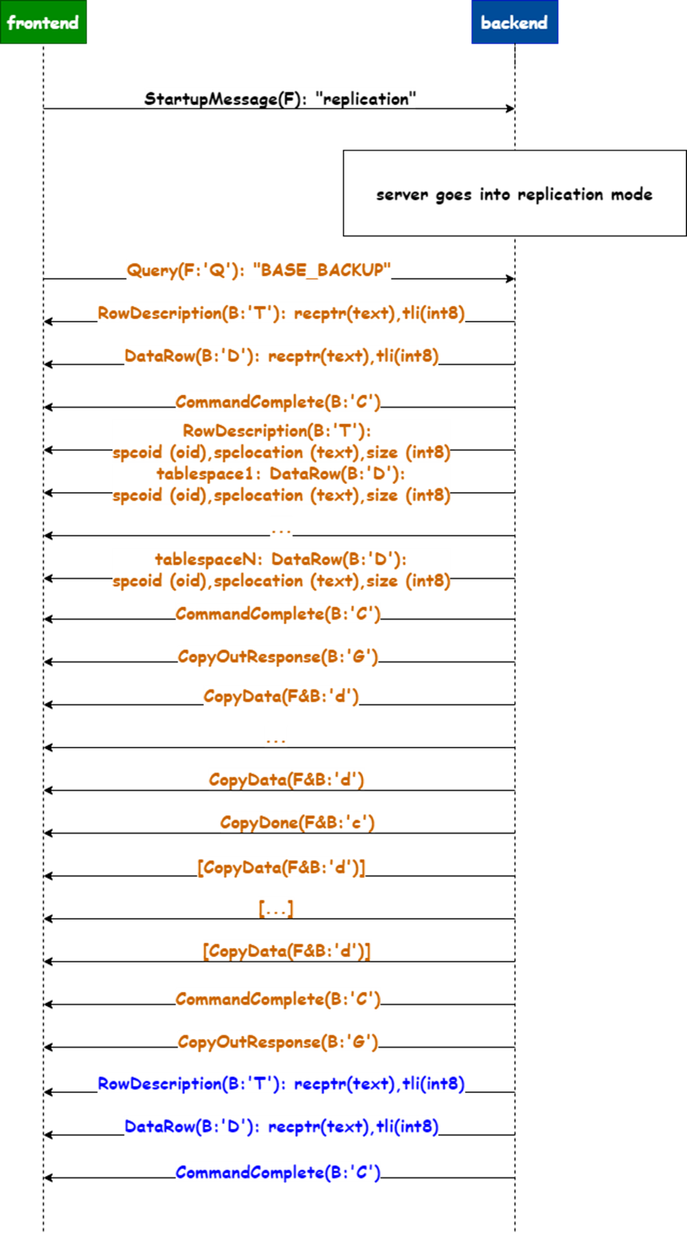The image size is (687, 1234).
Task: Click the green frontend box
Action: click(x=43, y=22)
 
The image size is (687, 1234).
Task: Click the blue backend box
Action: click(x=514, y=22)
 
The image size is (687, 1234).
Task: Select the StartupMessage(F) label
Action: click(x=224, y=100)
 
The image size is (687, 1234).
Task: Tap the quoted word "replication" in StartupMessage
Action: click(x=366, y=100)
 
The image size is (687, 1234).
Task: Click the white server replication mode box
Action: click(x=514, y=193)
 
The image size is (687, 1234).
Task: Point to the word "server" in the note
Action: click(x=402, y=194)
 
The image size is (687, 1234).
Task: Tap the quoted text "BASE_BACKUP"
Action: click(x=322, y=271)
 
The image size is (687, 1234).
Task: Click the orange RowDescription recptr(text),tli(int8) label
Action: click(x=281, y=314)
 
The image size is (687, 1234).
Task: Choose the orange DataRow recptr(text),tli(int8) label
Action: click(x=281, y=356)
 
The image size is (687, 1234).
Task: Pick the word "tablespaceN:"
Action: click(x=209, y=560)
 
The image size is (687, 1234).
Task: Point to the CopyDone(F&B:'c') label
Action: click(x=297, y=822)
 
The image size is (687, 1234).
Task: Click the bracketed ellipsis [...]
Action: click(x=276, y=908)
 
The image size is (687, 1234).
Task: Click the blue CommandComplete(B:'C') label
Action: click(x=278, y=1173)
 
